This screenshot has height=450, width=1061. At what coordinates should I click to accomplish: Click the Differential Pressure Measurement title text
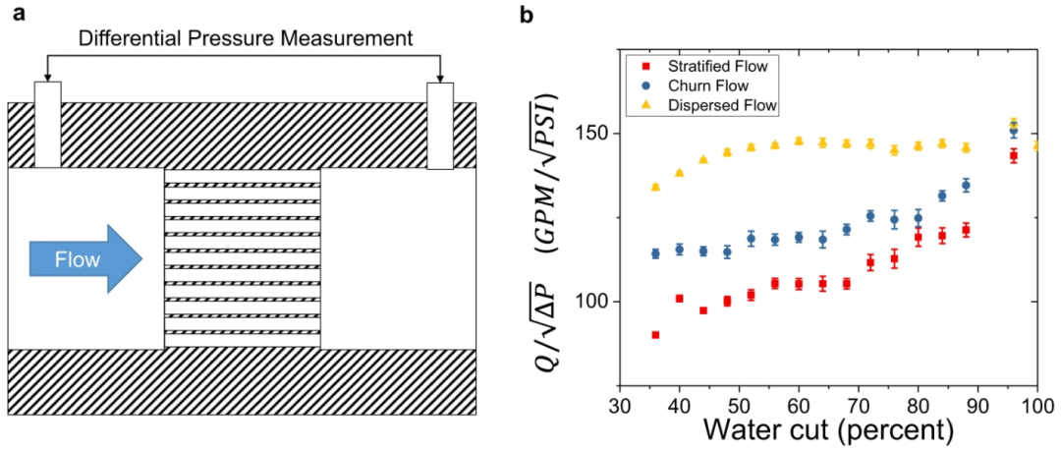point(243,40)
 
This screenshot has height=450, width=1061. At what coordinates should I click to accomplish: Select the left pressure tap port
point(47,125)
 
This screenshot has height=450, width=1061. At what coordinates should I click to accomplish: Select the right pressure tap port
point(440,125)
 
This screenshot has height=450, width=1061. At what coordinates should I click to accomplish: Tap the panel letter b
point(527,15)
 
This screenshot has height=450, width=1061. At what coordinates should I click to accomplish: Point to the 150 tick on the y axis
point(597,134)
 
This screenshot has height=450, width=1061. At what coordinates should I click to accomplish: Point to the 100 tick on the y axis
point(597,302)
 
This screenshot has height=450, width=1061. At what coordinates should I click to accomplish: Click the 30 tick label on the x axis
point(619,406)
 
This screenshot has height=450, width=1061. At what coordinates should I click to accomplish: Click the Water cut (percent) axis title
point(827,430)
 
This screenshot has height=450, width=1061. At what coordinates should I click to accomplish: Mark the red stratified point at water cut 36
point(655,335)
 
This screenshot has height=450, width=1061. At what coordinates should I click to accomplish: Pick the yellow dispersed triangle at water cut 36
point(655,186)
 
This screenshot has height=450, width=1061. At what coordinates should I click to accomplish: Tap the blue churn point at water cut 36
point(655,253)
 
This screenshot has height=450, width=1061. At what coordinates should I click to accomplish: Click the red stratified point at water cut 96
point(1014,155)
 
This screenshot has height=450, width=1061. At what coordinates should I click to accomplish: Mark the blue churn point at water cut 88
point(966,185)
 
